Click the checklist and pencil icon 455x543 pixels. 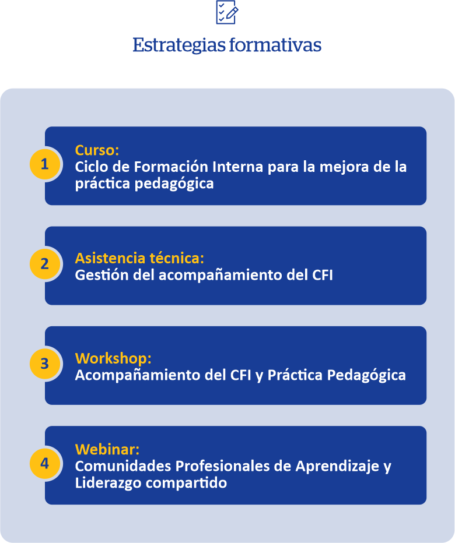pos(227,12)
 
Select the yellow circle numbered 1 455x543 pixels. pos(45,164)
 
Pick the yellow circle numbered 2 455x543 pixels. pos(45,264)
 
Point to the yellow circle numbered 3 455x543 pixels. pos(45,364)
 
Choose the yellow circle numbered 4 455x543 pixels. pos(45,463)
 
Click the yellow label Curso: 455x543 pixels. pos(97,150)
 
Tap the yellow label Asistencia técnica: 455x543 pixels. pos(139,258)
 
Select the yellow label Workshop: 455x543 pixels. pos(113,358)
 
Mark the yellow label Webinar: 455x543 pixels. pos(107,450)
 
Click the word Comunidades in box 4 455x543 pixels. pos(123,466)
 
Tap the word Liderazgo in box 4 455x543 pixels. pos(108,484)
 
